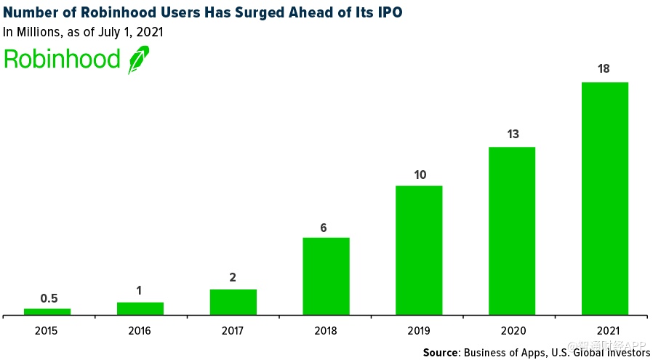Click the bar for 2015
point(47,311)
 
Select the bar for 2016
point(140,308)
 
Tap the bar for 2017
point(233,302)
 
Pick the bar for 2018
point(326,276)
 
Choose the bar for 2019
point(419,250)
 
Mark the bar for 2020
point(511,231)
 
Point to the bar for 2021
point(604,199)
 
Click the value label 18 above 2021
point(604,69)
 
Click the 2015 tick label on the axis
point(47,329)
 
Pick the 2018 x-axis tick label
point(326,329)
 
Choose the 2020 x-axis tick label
point(511,329)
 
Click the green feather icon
point(138,60)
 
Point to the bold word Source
point(441,353)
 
